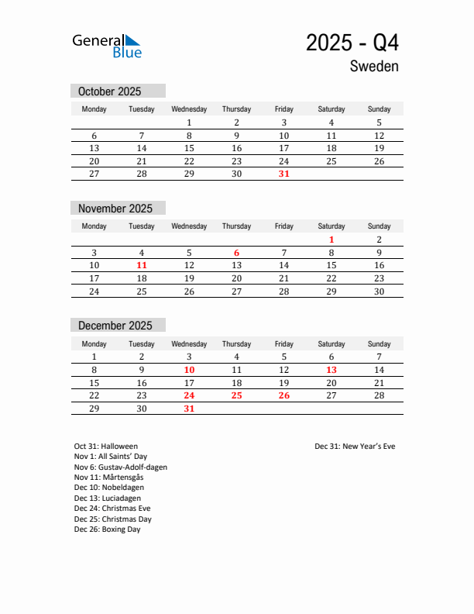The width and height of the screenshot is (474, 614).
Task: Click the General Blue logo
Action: [x=107, y=45]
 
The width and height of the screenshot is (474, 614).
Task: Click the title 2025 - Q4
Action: [x=352, y=42]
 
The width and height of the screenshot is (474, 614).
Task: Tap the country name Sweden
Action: [x=374, y=67]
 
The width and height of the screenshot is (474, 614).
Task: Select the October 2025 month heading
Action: [x=110, y=91]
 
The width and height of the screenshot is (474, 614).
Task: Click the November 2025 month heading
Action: [x=115, y=209]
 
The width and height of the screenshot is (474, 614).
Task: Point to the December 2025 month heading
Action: [x=115, y=326]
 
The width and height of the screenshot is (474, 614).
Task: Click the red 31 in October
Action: [x=284, y=174]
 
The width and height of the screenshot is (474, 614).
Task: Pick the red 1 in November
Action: [x=331, y=240]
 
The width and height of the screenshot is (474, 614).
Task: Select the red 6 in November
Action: [x=237, y=253]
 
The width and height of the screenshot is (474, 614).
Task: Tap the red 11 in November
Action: [x=142, y=265]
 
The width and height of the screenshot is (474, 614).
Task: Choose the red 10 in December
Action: [x=189, y=371]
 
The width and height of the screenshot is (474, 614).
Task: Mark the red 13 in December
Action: [x=331, y=371]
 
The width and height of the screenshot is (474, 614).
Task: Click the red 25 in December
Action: [x=237, y=395]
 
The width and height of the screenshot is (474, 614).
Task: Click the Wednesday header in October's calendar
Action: [x=189, y=109]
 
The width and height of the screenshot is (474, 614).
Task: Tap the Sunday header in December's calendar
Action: [x=379, y=344]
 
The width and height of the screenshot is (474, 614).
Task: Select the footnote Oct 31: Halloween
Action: [x=106, y=447]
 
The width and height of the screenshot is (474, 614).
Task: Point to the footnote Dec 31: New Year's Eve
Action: [x=355, y=447]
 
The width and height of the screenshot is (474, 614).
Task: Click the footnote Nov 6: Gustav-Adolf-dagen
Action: [x=121, y=467]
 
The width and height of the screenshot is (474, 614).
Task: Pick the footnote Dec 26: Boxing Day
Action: [x=108, y=529]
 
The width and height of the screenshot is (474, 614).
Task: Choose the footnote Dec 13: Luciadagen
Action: [x=108, y=498]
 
